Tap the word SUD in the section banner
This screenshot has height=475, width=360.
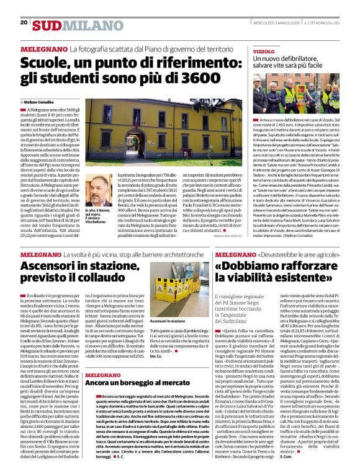(48, 25)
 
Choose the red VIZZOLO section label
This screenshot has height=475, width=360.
(264, 51)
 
